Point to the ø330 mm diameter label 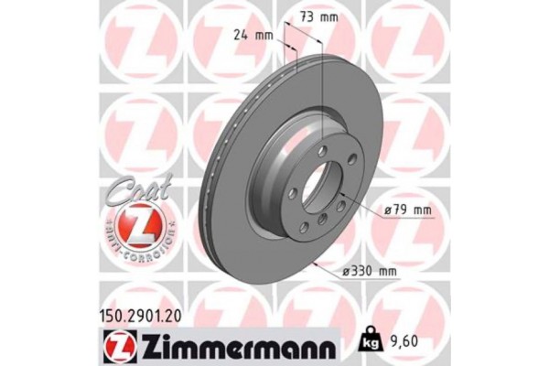point(370,272)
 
